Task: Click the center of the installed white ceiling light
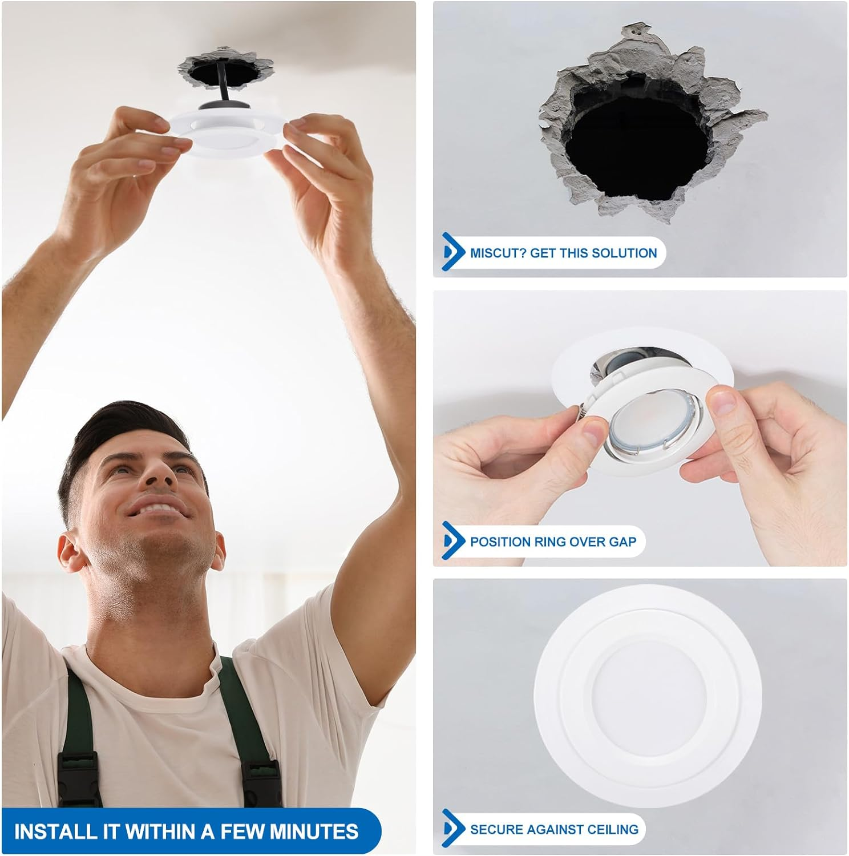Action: pos(648,696)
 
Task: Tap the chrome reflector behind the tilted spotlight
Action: pos(613,365)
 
